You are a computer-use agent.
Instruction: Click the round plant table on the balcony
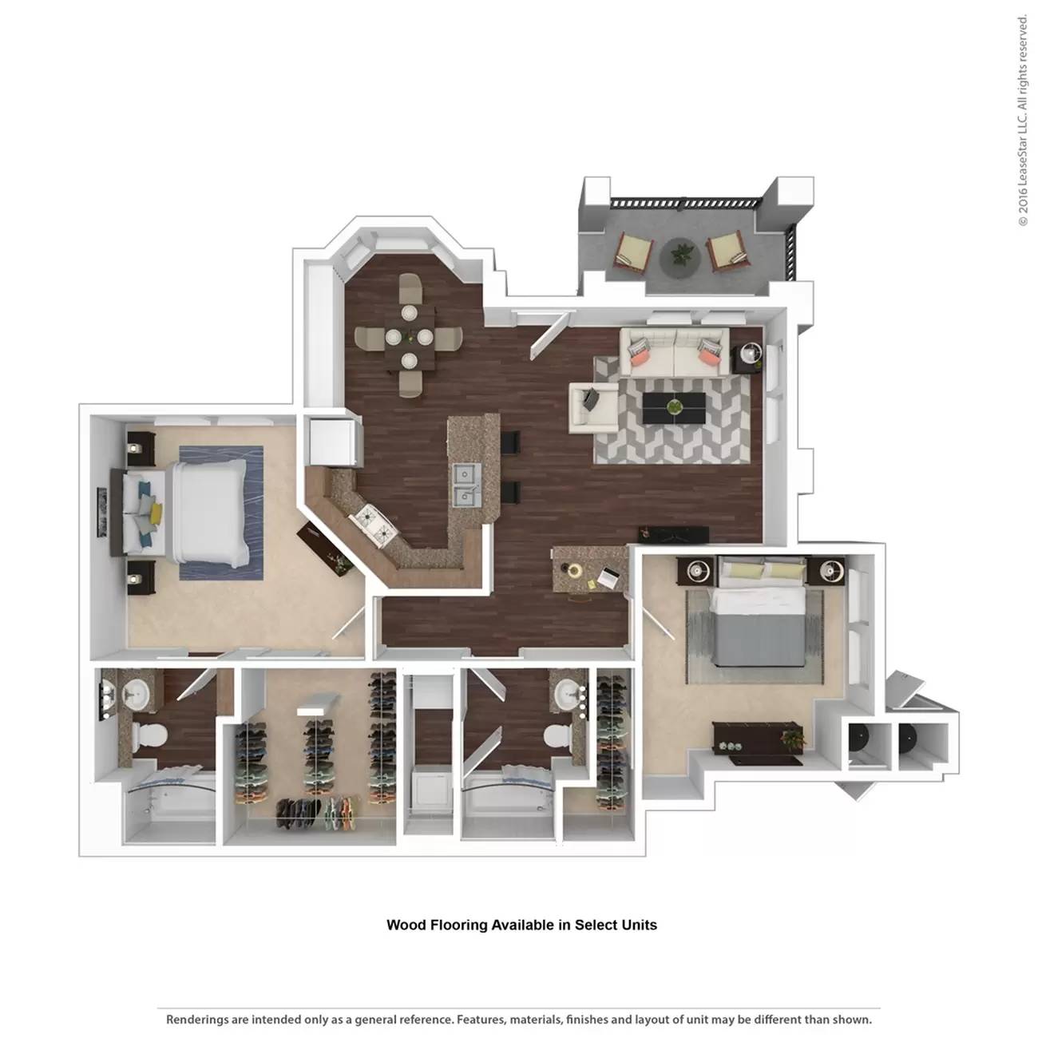tap(680, 258)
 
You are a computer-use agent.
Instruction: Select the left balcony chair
tap(633, 252)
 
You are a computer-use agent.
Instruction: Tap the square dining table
tap(409, 337)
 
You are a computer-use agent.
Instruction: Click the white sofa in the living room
tap(675, 352)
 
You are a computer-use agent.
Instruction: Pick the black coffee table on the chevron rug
tap(675, 408)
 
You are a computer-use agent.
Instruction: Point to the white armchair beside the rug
tap(592, 406)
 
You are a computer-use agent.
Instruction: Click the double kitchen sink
tap(465, 485)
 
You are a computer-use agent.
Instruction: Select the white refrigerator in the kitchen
tap(331, 442)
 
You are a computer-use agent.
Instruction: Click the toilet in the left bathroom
tap(147, 736)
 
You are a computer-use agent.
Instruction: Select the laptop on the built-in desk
tap(608, 576)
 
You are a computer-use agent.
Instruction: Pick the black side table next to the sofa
tap(749, 357)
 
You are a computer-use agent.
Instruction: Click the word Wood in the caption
tap(407, 925)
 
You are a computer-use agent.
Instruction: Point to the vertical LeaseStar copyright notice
tap(1022, 120)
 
